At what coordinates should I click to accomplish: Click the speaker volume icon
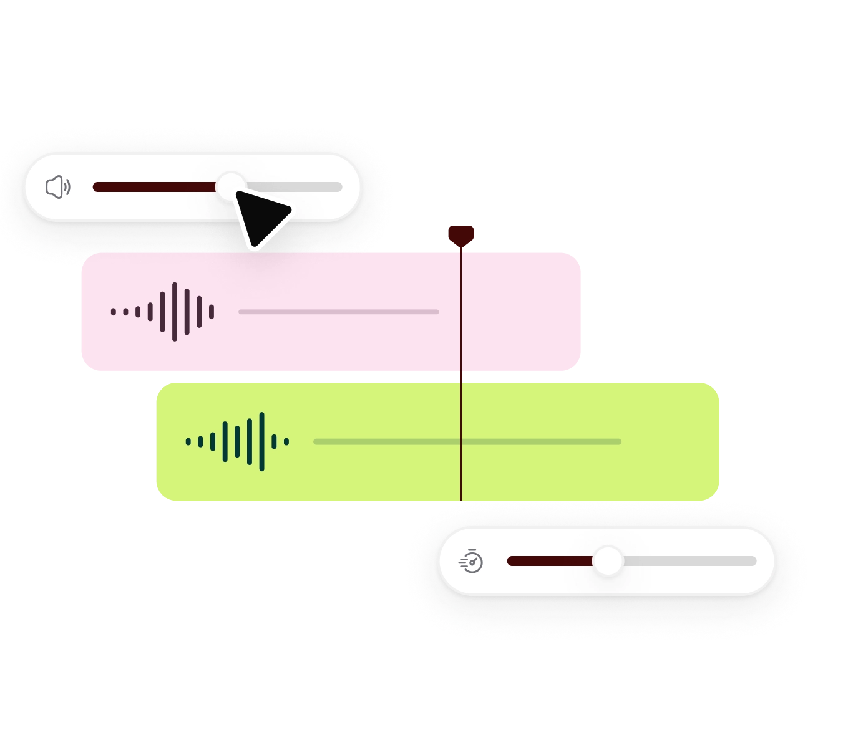click(58, 187)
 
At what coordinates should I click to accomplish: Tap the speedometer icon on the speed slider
click(471, 561)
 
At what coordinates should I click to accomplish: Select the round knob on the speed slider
click(607, 561)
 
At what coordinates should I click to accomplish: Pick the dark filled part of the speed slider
click(549, 561)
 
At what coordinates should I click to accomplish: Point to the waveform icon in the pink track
click(163, 312)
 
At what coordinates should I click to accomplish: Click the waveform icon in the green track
click(237, 441)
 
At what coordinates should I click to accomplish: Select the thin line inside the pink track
click(338, 312)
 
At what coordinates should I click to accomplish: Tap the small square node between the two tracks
click(461, 376)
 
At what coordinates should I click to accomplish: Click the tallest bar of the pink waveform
click(175, 312)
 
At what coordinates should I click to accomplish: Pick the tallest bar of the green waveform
click(261, 441)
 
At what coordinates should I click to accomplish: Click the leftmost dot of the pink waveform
click(114, 312)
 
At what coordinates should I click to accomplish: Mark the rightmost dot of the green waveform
click(286, 441)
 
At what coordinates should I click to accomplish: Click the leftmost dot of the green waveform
click(188, 441)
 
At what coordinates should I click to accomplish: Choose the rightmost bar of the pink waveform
click(212, 312)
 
